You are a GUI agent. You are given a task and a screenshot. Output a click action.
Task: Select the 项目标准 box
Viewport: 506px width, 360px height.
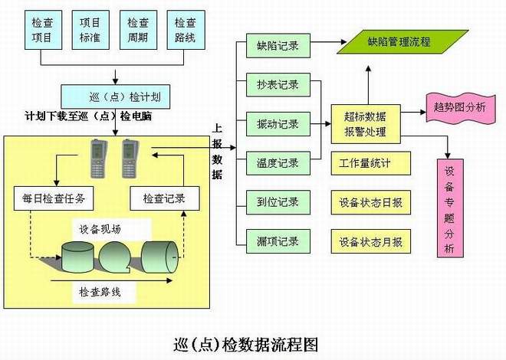click(90, 30)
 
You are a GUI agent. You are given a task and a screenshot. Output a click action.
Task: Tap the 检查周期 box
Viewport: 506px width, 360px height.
click(138, 30)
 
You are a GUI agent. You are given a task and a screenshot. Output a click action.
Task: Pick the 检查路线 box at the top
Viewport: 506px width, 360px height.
click(186, 30)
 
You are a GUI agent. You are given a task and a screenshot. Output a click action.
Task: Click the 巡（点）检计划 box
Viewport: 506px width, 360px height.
click(114, 97)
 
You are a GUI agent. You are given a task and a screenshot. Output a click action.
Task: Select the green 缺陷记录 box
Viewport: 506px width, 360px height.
click(278, 47)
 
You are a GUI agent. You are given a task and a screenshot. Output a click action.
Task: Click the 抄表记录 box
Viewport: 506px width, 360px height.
click(278, 84)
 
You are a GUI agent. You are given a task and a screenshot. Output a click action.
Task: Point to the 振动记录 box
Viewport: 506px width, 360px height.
click(278, 123)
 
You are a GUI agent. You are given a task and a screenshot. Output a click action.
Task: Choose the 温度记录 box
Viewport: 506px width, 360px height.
click(278, 162)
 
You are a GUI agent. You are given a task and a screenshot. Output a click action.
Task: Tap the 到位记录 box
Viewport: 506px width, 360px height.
click(278, 202)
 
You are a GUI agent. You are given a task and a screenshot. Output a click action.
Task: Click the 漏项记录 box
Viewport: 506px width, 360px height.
click(278, 241)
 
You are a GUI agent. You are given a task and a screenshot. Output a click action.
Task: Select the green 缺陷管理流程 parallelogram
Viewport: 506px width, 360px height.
click(399, 41)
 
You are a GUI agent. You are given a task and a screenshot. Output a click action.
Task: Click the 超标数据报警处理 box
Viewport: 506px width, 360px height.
click(365, 123)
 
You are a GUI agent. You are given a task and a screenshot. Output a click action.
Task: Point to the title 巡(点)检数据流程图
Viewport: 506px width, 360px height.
click(246, 342)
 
